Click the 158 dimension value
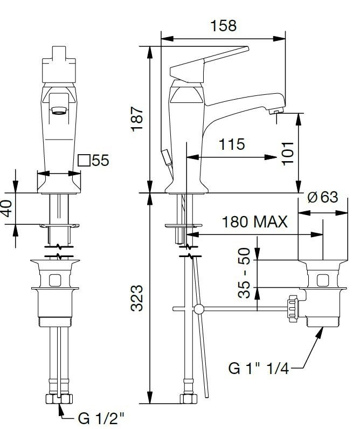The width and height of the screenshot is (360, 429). point(223,25)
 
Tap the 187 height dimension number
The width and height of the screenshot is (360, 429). point(137,119)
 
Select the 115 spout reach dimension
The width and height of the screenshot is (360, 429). point(232,144)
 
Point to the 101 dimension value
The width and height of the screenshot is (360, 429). point(288,154)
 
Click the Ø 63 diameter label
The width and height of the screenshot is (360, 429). point(323,197)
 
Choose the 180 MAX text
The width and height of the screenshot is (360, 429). point(255,222)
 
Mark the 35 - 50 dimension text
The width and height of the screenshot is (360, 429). point(244,273)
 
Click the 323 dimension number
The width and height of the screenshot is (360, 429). point(137,298)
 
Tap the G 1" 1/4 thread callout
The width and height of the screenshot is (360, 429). point(259,368)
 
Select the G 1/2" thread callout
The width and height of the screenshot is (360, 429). point(101,418)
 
